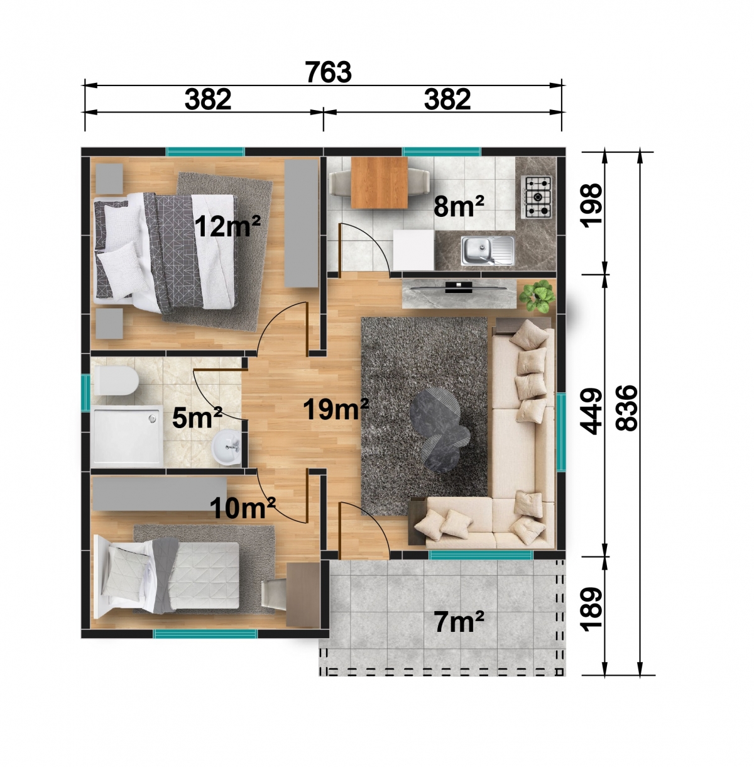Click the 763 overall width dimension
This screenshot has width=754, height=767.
(328, 72)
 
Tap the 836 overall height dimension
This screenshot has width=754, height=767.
(626, 407)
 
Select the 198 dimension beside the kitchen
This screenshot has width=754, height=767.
(592, 206)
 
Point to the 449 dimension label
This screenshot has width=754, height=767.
(592, 411)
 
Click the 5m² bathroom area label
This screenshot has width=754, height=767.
(197, 417)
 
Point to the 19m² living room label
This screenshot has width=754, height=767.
(336, 409)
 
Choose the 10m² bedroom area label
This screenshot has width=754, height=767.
(243, 508)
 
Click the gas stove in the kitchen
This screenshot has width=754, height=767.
(538, 197)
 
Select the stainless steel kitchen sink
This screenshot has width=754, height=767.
(488, 250)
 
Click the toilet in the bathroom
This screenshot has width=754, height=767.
(116, 381)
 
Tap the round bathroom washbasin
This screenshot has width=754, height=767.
(226, 447)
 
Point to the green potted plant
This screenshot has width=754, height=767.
(537, 296)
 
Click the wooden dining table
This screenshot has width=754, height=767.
(379, 183)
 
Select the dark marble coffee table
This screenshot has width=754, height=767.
(440, 429)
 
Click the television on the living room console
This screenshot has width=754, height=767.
(459, 287)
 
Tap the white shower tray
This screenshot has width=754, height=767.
(127, 436)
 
